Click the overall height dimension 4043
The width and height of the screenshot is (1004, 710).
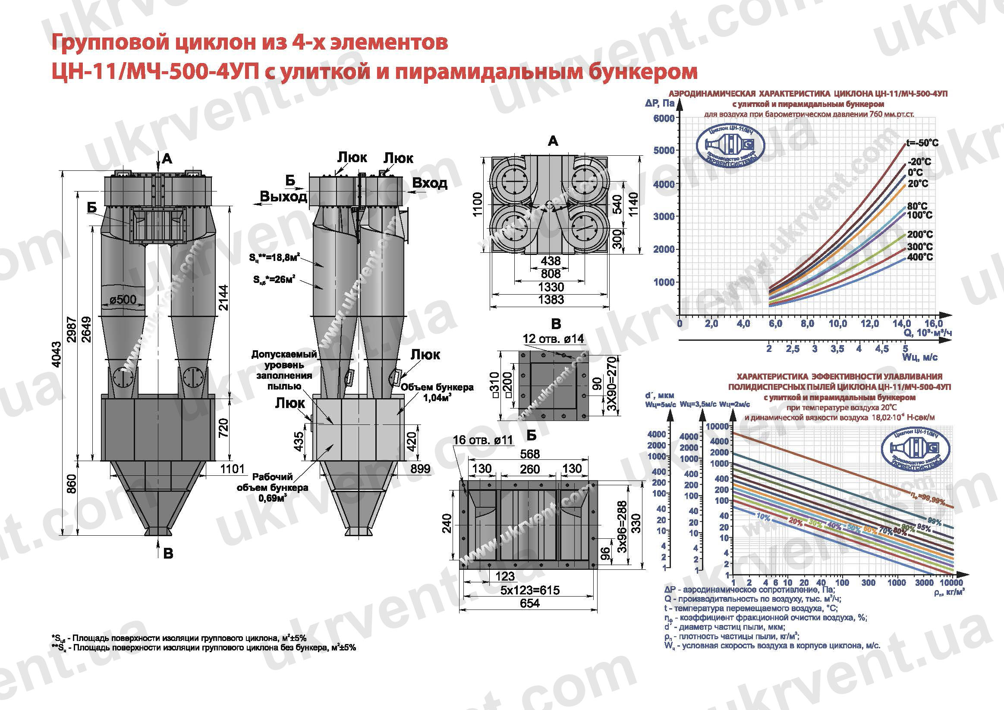click(57, 354)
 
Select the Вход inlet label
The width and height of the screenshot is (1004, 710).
click(429, 183)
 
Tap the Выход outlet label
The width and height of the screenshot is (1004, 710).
click(283, 197)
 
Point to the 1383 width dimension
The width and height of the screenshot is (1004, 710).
click(551, 299)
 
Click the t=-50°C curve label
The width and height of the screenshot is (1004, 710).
click(922, 143)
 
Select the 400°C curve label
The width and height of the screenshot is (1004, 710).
click(919, 257)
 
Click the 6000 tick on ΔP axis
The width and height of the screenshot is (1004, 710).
click(664, 119)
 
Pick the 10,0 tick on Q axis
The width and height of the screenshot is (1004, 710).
click(838, 324)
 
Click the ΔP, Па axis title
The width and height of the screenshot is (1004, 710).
click(660, 104)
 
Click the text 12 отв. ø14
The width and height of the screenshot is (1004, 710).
click(553, 339)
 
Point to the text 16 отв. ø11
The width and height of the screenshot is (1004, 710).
click(482, 440)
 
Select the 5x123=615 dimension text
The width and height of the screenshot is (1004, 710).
click(529, 590)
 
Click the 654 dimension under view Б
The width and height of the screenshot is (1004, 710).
click(529, 603)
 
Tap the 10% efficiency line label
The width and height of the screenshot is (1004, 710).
click(763, 517)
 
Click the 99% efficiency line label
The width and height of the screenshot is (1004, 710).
click(935, 521)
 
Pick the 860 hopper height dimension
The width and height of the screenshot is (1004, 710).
click(72, 484)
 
